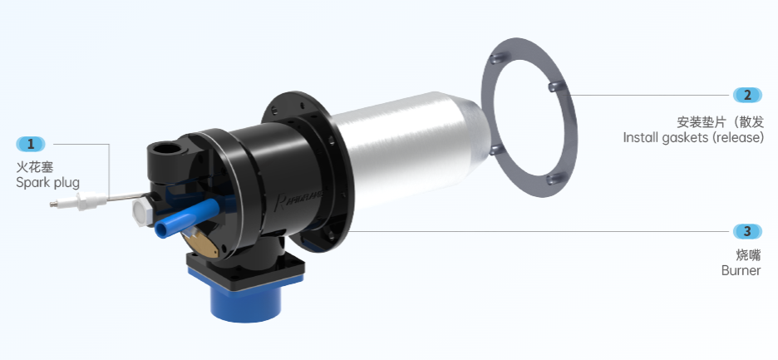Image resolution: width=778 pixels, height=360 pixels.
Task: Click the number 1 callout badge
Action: click(31, 145)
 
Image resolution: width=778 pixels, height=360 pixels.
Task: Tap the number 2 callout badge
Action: click(747, 95)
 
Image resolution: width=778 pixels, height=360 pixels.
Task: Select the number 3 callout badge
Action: click(747, 231)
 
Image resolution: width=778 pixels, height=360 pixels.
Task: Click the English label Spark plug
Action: click(47, 183)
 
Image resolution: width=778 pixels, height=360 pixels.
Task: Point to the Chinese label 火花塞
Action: click(35, 166)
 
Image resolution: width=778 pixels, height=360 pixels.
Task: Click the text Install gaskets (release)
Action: click(693, 137)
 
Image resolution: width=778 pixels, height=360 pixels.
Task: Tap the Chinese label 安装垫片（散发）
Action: click(721, 122)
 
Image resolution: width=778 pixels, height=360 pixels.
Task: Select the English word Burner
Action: click(741, 270)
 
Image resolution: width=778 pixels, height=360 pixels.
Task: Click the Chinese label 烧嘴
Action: click(748, 255)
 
